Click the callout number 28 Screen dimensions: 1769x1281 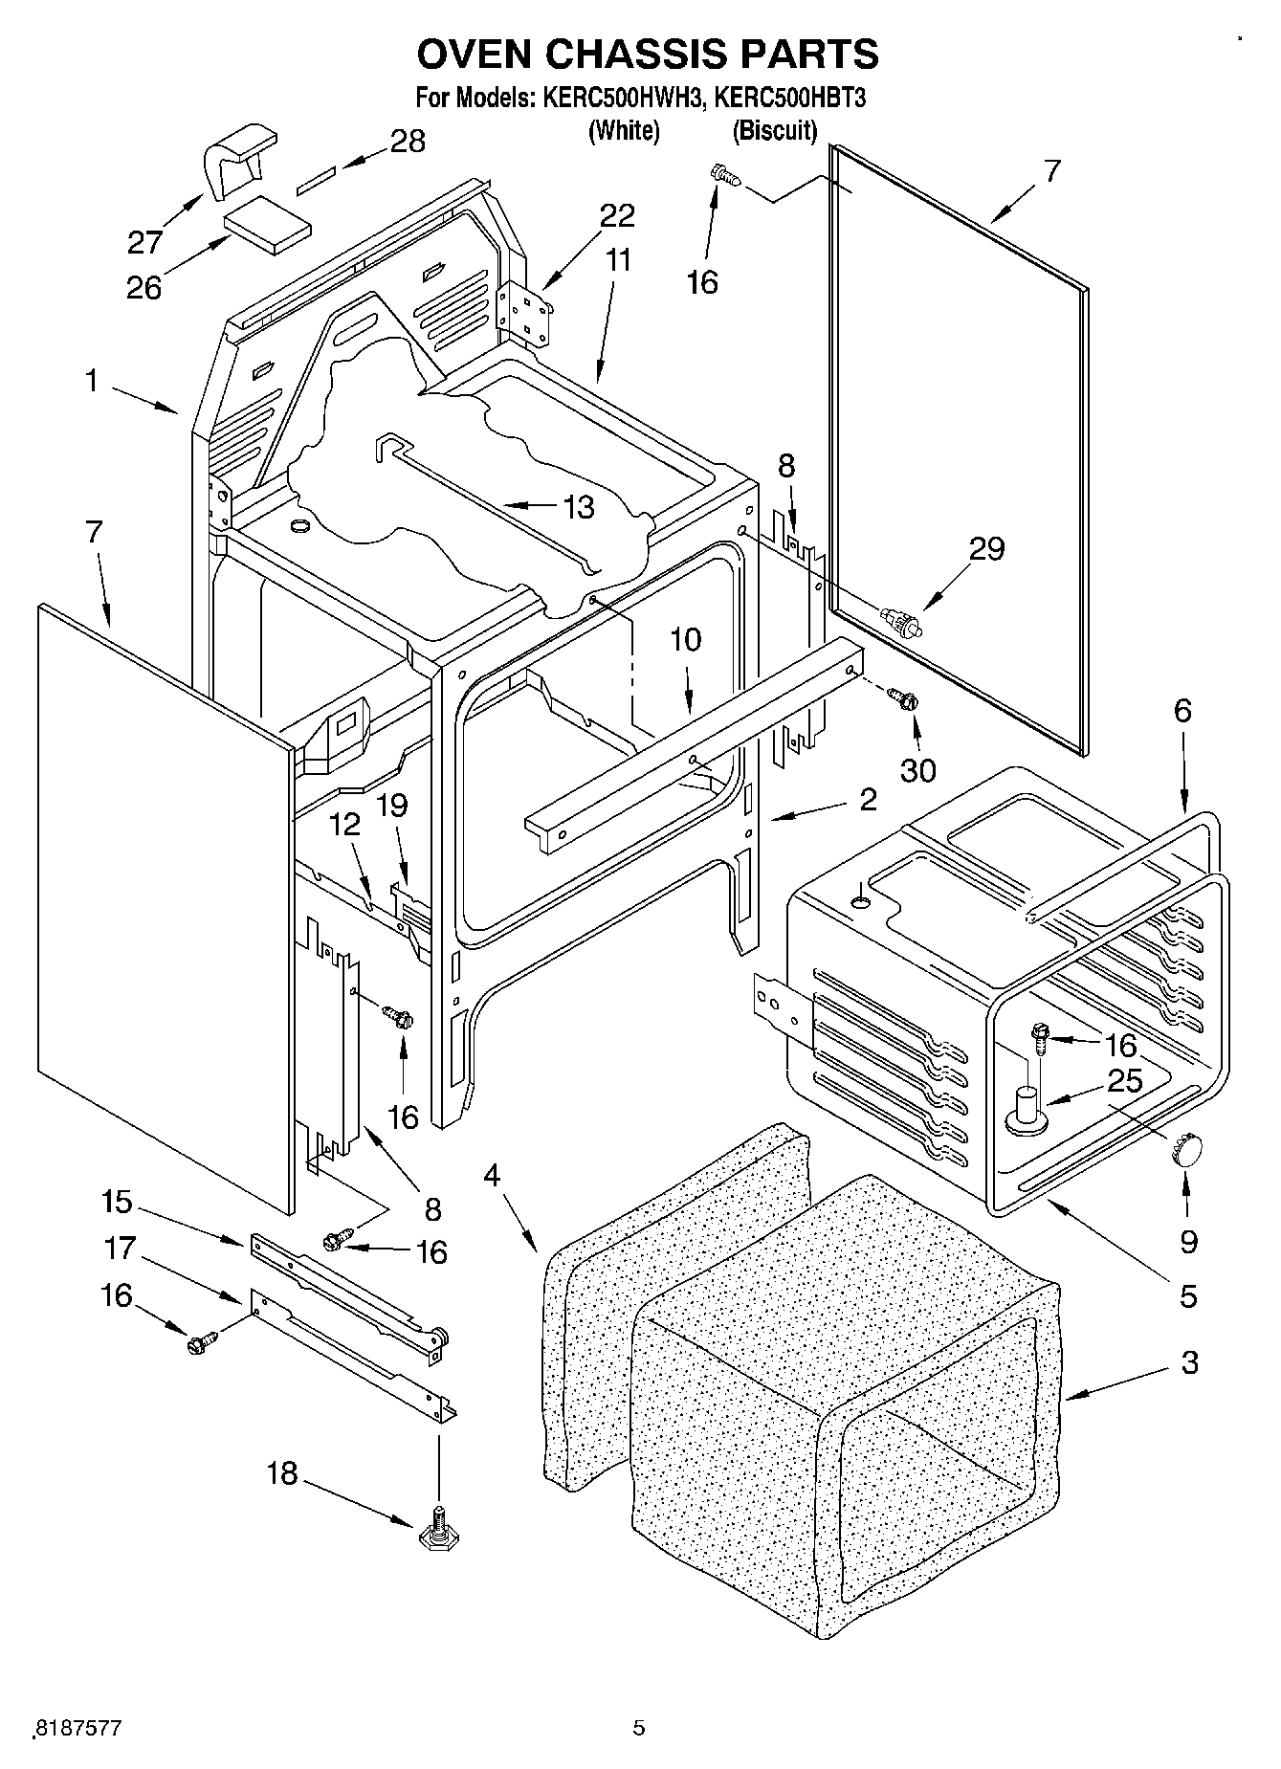[x=408, y=142]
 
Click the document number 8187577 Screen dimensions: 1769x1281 [x=78, y=1728]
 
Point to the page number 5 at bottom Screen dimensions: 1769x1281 [x=639, y=1728]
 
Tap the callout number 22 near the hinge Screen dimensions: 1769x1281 [x=617, y=216]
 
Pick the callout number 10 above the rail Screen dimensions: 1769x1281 [x=686, y=640]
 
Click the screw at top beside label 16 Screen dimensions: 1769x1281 [x=723, y=175]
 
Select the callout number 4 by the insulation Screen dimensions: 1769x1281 [x=492, y=1176]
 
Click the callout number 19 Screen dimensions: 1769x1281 [x=392, y=806]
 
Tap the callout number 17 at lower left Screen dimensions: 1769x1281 [x=121, y=1249]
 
